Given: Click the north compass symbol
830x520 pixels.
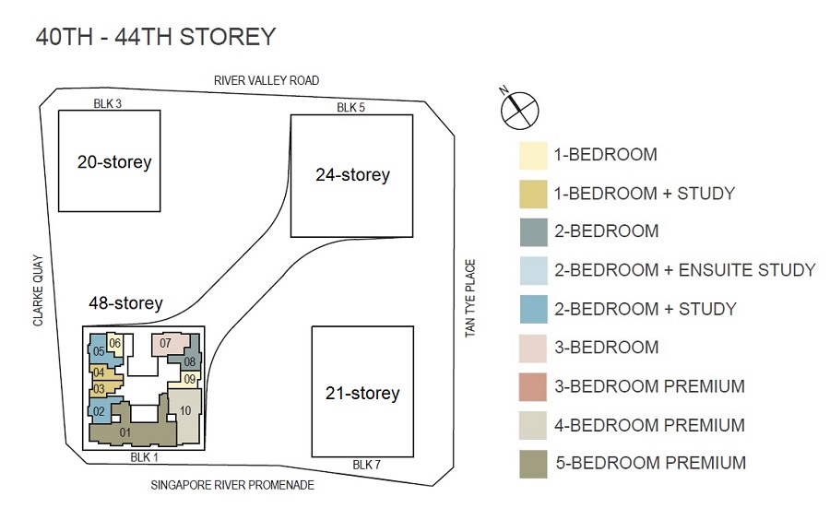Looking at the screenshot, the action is point(519,109).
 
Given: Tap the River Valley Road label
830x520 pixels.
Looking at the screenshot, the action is point(267,80).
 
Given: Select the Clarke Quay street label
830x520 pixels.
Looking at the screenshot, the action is point(38,290).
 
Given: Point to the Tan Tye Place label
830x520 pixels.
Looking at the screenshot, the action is point(470,298).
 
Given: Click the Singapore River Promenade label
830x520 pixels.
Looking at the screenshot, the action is point(232,485).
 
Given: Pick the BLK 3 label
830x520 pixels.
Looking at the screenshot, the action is point(108,103).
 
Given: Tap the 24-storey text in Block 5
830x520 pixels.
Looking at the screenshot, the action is point(352,174).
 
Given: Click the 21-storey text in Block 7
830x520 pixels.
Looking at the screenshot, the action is point(362,393).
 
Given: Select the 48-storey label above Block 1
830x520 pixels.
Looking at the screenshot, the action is point(125,303).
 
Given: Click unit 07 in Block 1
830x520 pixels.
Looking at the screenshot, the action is point(170,345).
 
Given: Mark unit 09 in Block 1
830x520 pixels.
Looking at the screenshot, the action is point(189,379).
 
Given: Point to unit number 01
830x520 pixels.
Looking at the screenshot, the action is point(125,432).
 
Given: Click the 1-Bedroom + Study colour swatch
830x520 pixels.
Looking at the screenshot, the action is point(533,195).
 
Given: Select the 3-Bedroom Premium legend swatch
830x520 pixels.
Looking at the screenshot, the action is point(532,387).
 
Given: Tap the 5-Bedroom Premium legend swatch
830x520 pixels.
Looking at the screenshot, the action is point(533,464).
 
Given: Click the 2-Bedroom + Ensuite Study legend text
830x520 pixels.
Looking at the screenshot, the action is point(685,270).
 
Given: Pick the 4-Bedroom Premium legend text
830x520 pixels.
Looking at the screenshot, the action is point(649,425).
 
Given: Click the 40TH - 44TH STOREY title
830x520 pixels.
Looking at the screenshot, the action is point(156,37).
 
